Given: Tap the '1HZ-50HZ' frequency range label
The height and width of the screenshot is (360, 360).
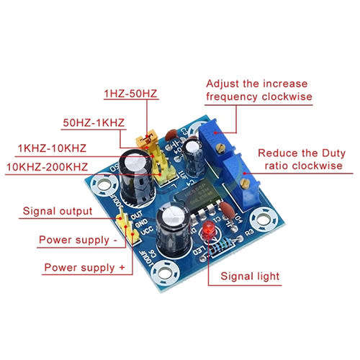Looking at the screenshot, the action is (130, 94).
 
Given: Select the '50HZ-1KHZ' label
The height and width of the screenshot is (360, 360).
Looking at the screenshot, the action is (94, 122).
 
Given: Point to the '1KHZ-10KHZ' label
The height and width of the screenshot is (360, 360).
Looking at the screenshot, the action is (52, 148).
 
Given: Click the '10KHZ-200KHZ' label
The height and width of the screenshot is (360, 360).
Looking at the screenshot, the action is (47, 167).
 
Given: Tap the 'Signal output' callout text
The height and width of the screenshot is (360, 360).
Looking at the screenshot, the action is (58, 211).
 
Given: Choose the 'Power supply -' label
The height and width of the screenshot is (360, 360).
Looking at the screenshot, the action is (78, 240).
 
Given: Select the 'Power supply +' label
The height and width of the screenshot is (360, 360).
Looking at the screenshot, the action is (84, 268).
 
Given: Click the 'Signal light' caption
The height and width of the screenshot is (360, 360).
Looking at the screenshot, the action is (250, 276).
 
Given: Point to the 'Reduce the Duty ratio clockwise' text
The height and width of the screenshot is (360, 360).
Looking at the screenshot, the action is (302, 159).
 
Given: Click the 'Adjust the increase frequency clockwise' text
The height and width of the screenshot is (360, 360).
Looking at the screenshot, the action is (259, 90).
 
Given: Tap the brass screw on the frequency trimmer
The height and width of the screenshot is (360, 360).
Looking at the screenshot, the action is (220, 148).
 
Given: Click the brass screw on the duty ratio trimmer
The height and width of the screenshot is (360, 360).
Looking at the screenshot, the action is (245, 184).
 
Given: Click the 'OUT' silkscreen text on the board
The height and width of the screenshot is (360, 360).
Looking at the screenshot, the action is (136, 215).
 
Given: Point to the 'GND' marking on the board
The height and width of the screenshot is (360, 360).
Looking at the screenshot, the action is (141, 223).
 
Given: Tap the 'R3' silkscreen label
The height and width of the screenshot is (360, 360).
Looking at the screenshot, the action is (249, 232).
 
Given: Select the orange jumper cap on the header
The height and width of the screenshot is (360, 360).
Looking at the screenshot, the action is (146, 138).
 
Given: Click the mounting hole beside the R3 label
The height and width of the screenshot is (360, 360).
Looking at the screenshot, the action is (264, 220).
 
